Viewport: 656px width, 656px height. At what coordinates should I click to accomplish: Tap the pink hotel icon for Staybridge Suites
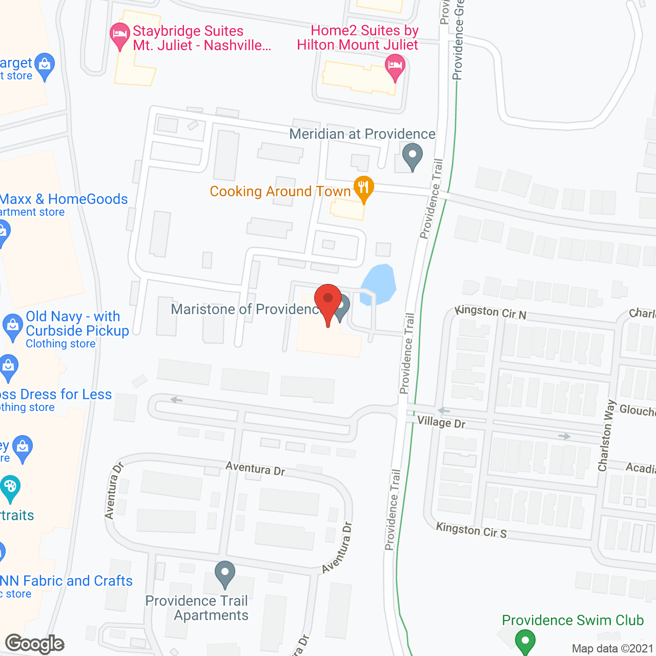coord(120,35)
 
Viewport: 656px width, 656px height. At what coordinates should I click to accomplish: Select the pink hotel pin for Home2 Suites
coord(395,67)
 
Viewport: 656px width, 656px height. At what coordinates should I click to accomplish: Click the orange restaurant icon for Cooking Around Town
coord(363,188)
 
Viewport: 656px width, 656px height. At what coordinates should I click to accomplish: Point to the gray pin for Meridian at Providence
coord(412,155)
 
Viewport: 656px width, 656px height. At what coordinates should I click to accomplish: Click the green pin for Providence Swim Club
coord(524,641)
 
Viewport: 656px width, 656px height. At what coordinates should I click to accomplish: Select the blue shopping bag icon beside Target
coord(45,65)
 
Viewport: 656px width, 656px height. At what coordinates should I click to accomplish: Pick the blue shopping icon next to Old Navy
coord(12,326)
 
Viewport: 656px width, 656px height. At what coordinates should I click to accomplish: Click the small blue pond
coord(379,284)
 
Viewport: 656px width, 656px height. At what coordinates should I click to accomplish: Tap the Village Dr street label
coord(441,422)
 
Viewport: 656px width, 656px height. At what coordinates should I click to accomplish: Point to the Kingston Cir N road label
coord(490,312)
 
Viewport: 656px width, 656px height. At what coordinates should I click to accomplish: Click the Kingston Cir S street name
coord(471,529)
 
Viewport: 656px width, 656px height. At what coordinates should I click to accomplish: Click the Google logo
coord(35,643)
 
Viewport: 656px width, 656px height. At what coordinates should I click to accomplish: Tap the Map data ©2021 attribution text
coord(612,648)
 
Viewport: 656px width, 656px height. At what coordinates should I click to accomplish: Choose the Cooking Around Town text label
coord(280,192)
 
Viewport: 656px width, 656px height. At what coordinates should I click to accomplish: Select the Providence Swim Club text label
coord(572,620)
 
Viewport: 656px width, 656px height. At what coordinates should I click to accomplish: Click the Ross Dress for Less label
coord(55,395)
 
